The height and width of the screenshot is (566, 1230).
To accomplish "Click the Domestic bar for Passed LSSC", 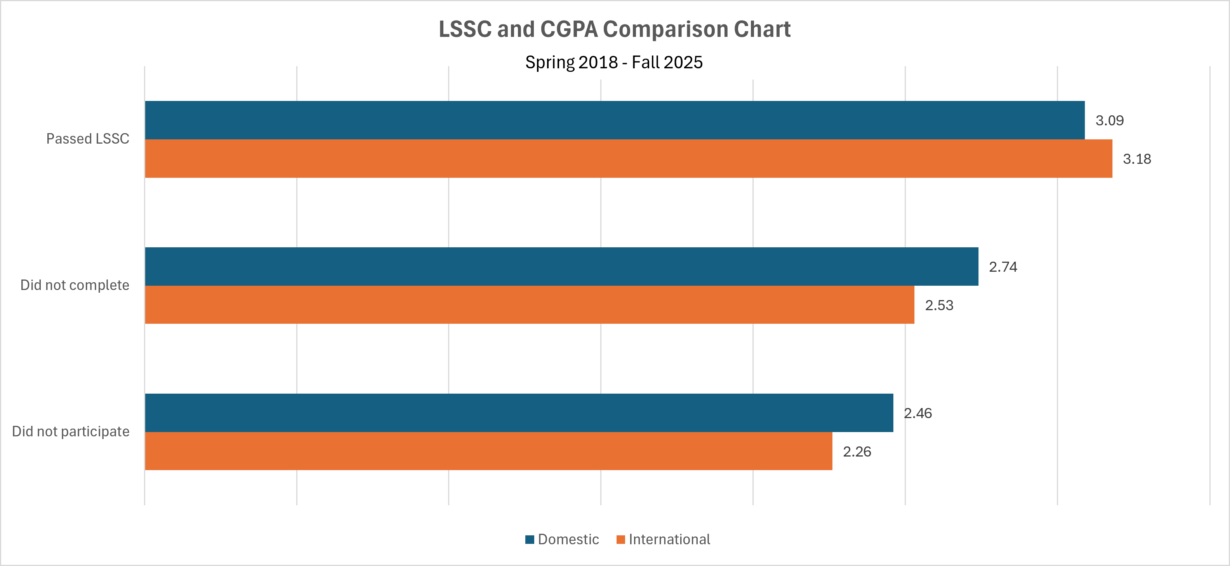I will coord(615,120).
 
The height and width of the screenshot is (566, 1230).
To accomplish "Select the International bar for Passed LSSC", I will coord(628,158).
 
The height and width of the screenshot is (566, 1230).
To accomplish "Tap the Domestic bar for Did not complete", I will coord(561,266).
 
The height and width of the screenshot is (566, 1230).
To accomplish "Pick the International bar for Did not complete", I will coord(530,304).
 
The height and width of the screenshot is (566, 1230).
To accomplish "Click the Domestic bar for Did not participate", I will coord(519,412).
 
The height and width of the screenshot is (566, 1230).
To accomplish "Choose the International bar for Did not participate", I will coord(488,451).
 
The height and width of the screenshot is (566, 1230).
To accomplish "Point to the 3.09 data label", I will coord(1109,120).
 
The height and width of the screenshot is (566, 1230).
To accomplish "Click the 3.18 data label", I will coord(1136,159).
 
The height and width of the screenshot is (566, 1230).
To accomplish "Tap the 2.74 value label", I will coord(1003,267).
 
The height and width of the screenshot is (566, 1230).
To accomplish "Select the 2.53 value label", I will coord(939,305).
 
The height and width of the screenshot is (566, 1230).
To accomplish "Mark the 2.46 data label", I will coord(917,413).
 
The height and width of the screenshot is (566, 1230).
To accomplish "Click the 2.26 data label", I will coord(856,451).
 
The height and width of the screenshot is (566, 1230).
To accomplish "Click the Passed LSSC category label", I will coord(87,139).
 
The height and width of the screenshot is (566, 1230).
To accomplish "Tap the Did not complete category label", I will coord(75,285).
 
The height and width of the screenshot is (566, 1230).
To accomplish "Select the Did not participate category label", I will coord(71,431).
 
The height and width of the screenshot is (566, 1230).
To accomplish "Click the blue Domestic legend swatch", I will coord(529,539).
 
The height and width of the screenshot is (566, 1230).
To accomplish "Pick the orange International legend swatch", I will coord(620,539).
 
